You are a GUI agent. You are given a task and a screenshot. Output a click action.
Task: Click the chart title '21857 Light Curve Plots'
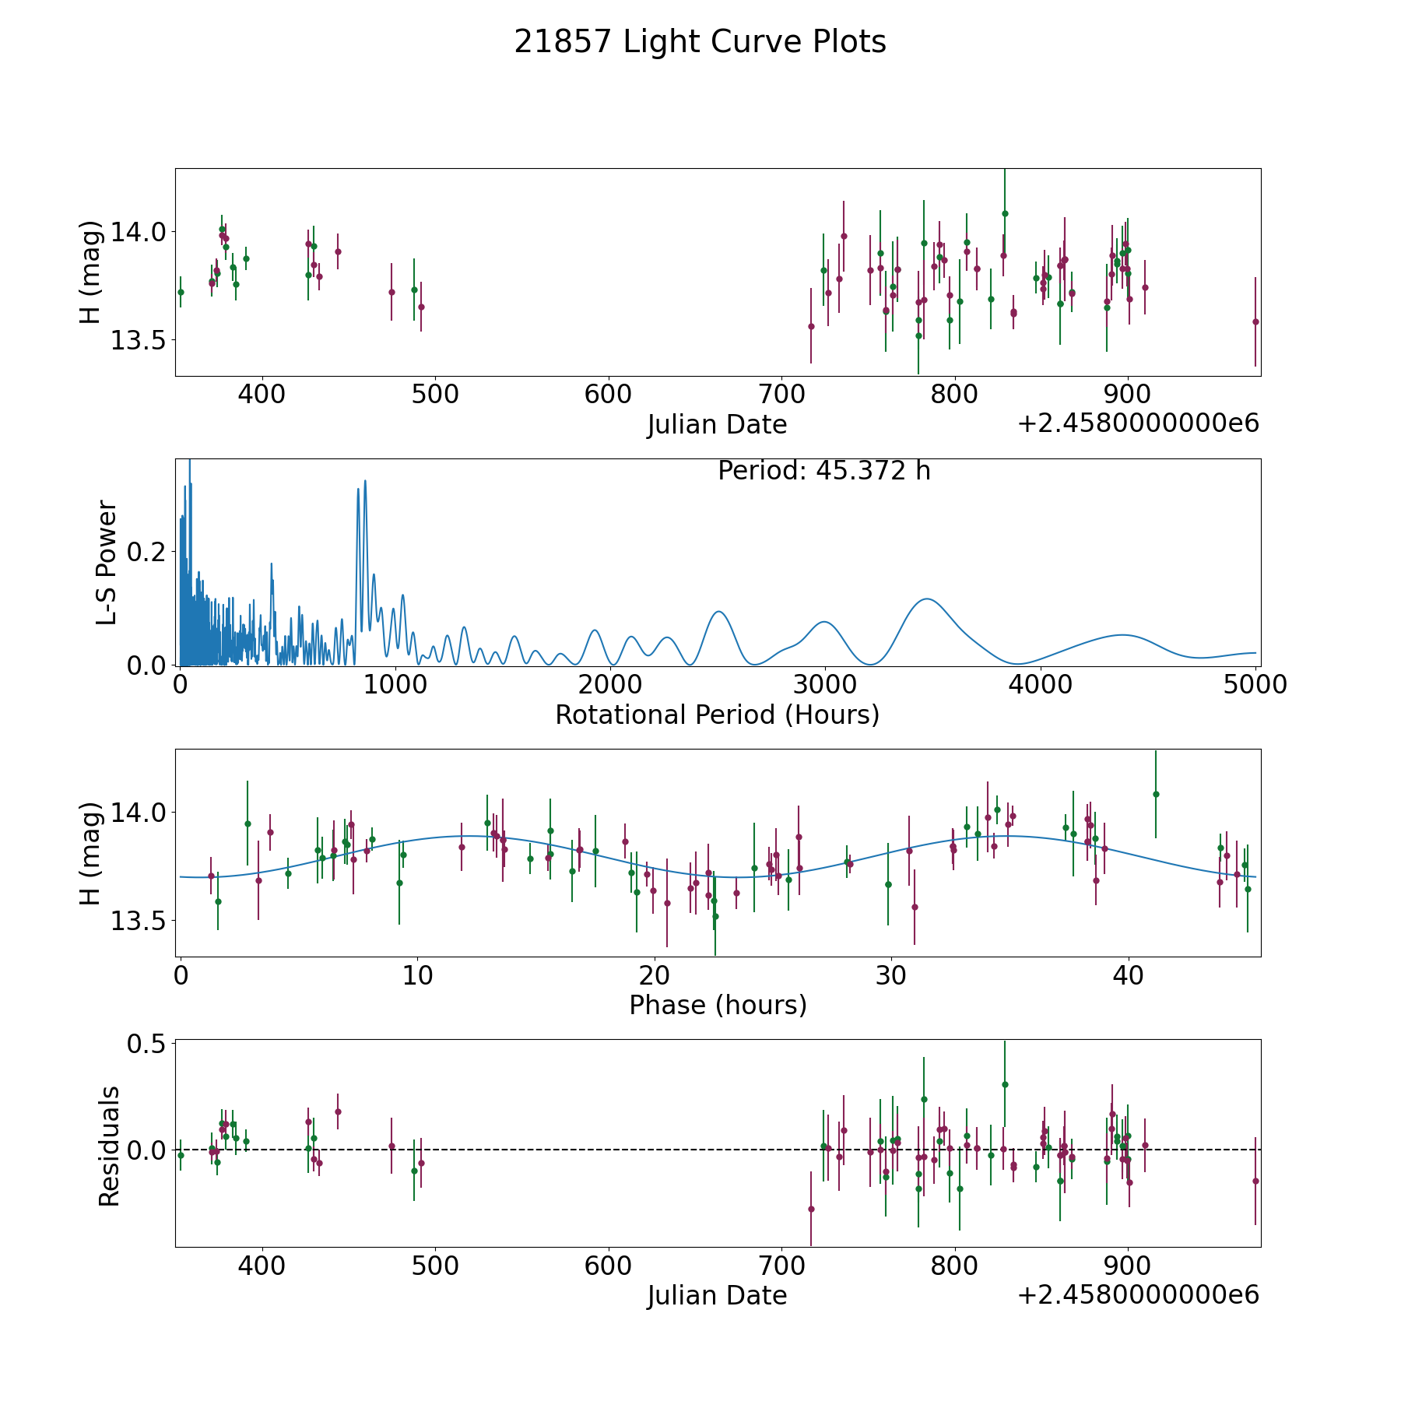(x=700, y=42)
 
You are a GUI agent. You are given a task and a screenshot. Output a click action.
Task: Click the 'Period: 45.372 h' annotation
(x=824, y=471)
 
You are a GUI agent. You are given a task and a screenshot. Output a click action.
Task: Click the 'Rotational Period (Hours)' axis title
(x=717, y=715)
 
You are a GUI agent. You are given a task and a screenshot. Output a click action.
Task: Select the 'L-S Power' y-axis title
(x=107, y=563)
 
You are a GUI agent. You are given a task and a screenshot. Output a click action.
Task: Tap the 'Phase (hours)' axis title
(x=718, y=1006)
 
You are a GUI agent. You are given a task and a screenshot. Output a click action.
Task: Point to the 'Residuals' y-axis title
(x=109, y=1146)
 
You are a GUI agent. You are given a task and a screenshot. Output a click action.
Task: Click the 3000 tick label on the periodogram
(x=824, y=684)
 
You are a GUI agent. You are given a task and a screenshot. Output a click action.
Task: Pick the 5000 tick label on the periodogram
(x=1255, y=684)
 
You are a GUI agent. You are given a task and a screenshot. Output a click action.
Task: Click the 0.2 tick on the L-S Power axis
(x=146, y=552)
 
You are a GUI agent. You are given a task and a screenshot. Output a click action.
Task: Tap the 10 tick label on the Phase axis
(x=417, y=974)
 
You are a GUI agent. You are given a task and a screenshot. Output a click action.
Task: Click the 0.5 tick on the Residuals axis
(x=146, y=1044)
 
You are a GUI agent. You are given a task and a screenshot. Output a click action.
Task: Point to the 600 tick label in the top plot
(x=608, y=394)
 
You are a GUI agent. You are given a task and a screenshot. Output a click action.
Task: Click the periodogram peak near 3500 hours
(x=927, y=599)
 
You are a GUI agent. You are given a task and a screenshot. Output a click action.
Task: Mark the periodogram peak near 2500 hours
(x=720, y=612)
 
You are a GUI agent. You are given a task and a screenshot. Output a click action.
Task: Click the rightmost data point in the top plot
(x=1255, y=321)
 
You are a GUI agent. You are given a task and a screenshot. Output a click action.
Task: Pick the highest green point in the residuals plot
(x=1005, y=1084)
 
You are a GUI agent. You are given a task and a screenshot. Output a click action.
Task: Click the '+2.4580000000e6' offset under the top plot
(x=1138, y=423)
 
